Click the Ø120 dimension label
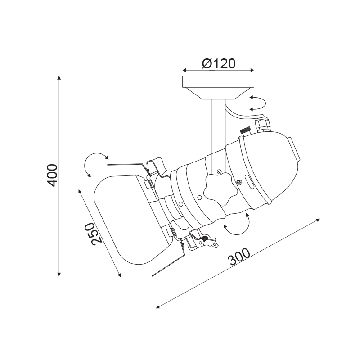click(x=219, y=63)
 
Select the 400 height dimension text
click(x=52, y=175)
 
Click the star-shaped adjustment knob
click(x=220, y=189)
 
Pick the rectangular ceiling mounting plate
click(x=218, y=81)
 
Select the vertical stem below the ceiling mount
click(x=218, y=136)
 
